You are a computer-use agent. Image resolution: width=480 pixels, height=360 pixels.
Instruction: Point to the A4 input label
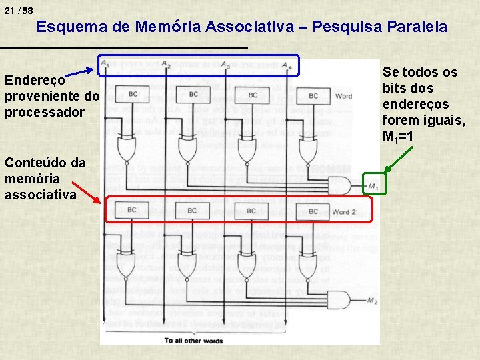286,65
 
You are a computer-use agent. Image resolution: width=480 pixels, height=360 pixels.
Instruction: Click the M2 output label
372,301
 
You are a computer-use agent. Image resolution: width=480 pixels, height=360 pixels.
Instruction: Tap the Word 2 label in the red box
344,212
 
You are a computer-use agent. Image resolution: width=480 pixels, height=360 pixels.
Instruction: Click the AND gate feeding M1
340,184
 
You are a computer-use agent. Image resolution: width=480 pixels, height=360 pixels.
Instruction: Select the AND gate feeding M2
340,300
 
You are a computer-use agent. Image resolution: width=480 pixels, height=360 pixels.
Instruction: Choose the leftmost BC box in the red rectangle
132,211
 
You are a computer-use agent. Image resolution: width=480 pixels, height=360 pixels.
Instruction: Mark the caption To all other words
193,341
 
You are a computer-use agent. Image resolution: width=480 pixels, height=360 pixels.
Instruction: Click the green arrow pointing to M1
394,160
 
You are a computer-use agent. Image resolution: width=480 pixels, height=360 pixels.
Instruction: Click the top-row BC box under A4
312,95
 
